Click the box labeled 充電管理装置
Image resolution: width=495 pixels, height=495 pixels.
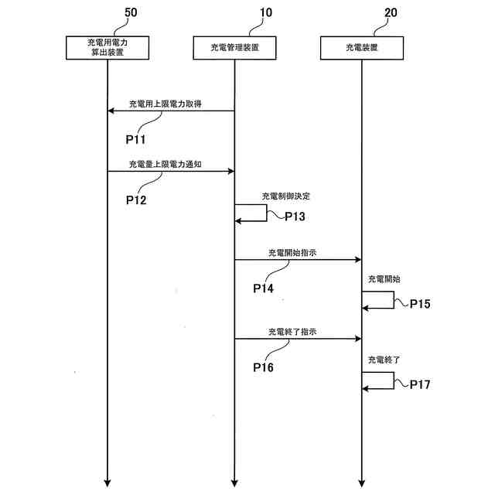tap(234, 48)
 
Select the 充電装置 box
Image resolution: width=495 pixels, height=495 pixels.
tap(361, 48)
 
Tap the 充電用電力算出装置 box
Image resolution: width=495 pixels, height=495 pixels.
tap(108, 48)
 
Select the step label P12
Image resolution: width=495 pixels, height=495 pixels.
tap(136, 199)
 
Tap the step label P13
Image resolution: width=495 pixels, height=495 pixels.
tap(295, 217)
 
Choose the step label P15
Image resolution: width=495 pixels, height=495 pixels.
tap(420, 303)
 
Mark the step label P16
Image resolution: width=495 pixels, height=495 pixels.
tap(264, 367)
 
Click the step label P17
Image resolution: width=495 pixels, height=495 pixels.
tap(420, 383)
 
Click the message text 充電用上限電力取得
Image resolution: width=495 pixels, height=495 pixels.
tap(166, 104)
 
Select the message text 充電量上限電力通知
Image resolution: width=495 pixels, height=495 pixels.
tap(166, 164)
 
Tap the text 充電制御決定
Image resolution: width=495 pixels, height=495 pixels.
tap(285, 196)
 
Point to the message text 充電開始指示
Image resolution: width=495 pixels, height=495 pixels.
tap(292, 252)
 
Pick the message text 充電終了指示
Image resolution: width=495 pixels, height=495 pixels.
tap(292, 331)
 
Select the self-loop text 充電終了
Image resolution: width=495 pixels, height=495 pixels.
tap(384, 360)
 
